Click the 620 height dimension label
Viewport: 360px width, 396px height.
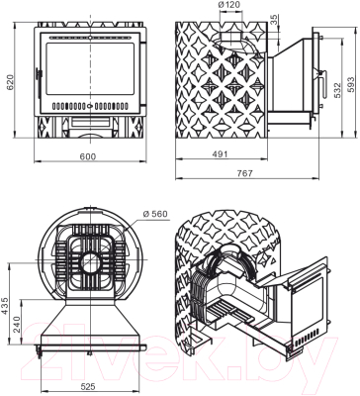coord(11,82)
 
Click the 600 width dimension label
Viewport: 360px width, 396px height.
coord(88,156)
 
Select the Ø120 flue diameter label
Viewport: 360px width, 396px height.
coord(229,5)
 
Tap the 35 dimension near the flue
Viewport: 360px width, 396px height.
coord(274,20)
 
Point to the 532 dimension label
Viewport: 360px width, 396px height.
coord(337,90)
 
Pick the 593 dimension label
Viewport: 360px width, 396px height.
coord(351,84)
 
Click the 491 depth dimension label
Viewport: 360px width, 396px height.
coord(220,154)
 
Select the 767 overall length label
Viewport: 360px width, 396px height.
coord(244,173)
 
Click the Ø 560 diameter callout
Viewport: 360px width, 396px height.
coord(155,214)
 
